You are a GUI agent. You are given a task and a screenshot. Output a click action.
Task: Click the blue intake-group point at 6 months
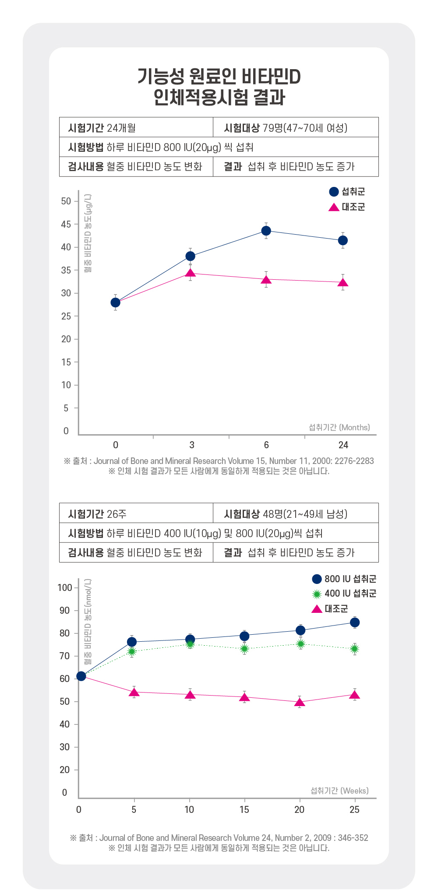tap(266, 231)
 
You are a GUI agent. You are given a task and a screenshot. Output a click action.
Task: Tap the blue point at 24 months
tap(343, 240)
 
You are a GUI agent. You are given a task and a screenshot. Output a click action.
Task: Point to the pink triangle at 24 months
tap(343, 283)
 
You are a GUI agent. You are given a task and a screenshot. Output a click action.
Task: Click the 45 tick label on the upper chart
tap(66, 225)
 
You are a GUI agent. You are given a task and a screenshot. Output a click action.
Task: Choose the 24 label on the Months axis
tap(343, 445)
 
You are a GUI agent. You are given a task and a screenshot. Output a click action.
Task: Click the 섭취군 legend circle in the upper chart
tap(334, 192)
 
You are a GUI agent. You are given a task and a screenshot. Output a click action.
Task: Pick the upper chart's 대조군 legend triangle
tap(334, 207)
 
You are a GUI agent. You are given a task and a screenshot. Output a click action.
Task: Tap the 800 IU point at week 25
tap(355, 622)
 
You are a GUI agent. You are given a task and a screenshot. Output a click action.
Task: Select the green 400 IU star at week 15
tap(244, 649)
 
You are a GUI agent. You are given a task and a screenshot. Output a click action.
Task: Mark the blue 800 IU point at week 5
tap(132, 642)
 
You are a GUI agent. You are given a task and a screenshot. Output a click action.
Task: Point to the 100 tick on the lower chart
tap(65, 587)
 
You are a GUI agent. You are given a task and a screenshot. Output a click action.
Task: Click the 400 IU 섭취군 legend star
tap(317, 594)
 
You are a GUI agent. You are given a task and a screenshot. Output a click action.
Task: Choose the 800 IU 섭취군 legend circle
tap(317, 579)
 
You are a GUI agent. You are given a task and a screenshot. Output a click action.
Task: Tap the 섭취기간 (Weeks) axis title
tap(339, 791)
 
